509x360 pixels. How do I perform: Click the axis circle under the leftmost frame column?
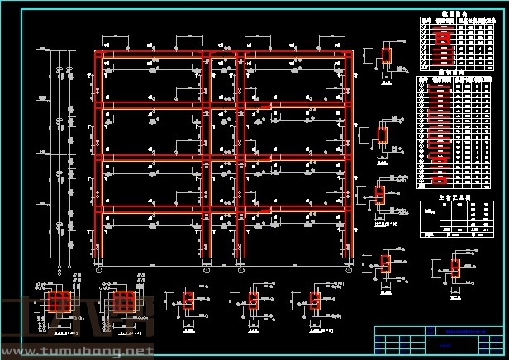[99, 269]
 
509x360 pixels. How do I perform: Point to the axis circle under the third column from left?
[240, 269]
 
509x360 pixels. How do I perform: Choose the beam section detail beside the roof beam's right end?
[386, 56]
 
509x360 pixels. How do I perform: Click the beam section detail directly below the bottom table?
[454, 268]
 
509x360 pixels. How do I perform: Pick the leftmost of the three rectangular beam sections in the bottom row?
[188, 301]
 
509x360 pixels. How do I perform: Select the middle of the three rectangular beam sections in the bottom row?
[254, 301]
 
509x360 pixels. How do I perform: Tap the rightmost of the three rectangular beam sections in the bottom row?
[315, 301]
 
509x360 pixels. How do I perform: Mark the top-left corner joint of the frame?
[99, 55]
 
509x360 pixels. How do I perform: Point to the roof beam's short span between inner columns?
[223, 55]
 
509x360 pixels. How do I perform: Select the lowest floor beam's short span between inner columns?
[223, 208]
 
